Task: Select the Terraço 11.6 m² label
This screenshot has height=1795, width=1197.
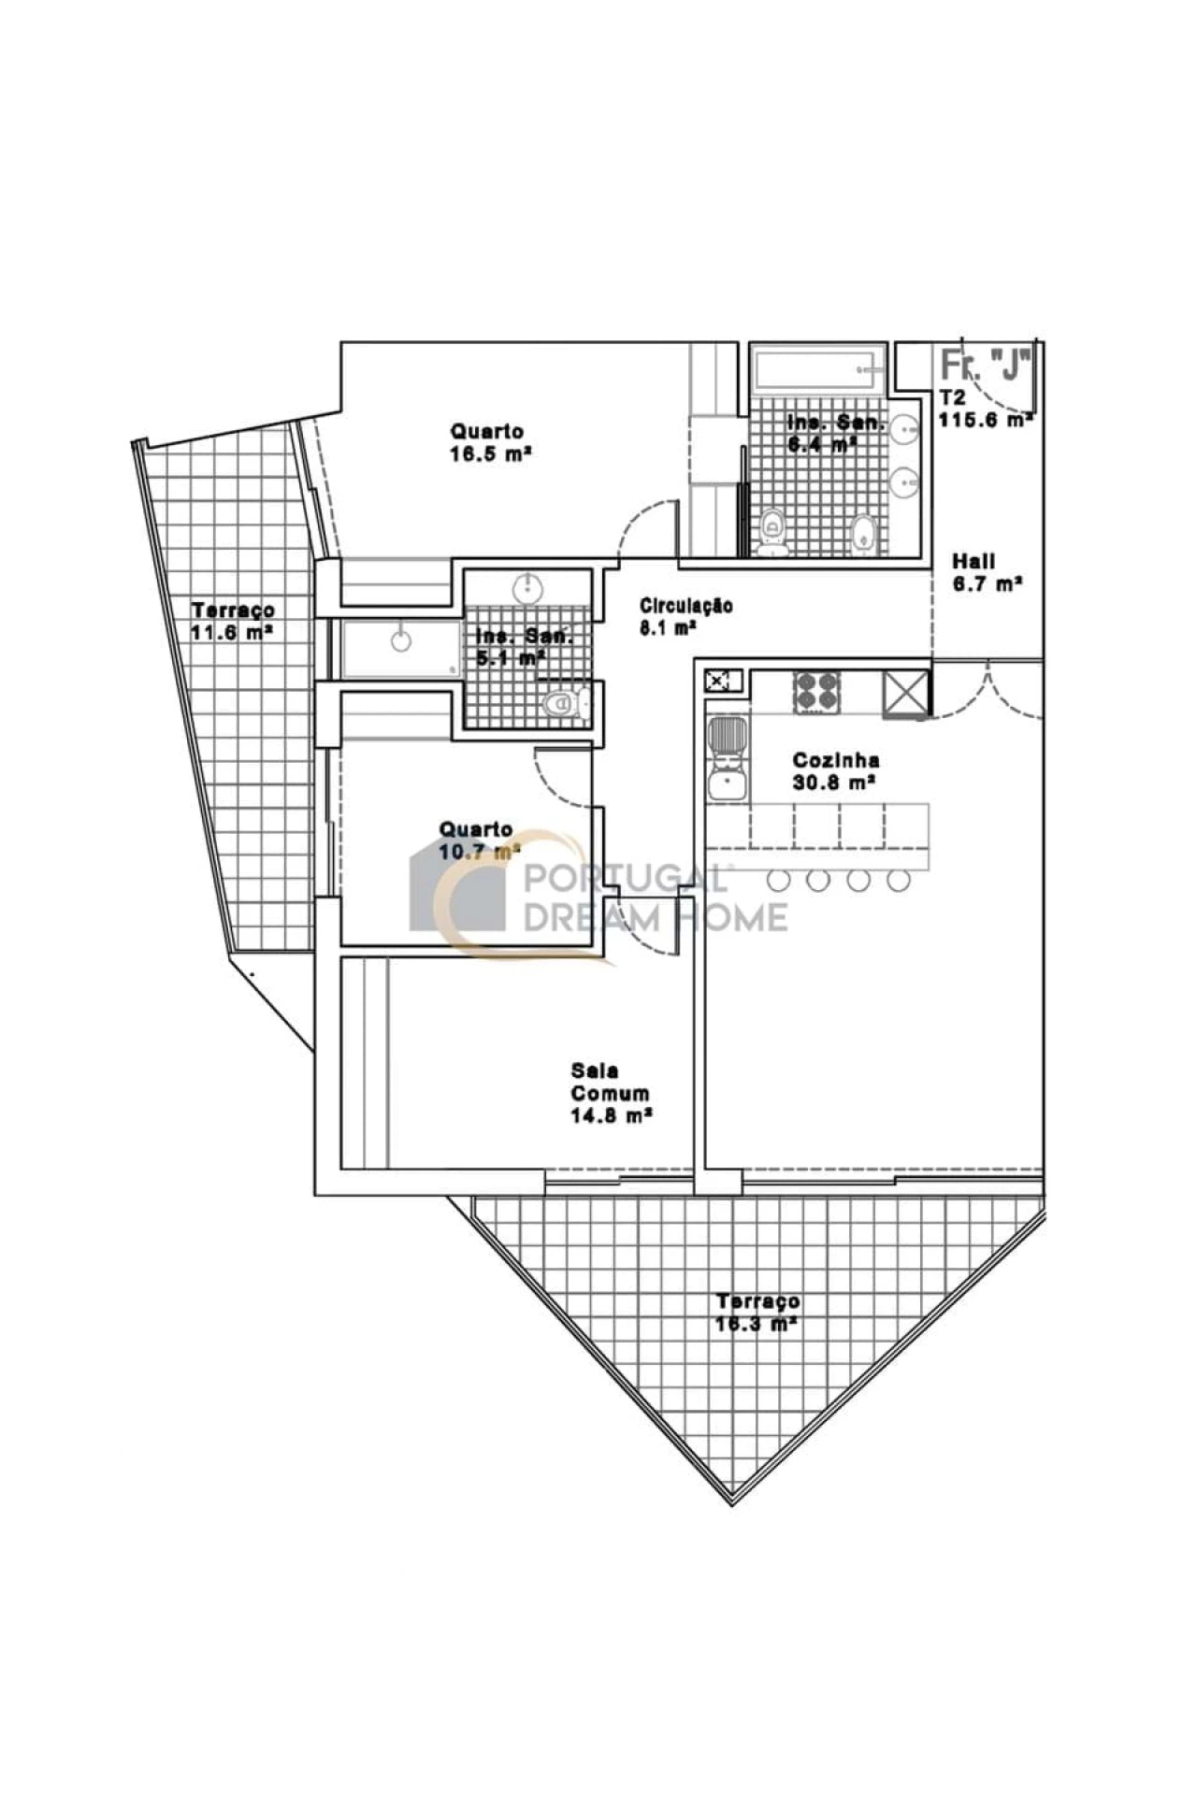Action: coord(233,621)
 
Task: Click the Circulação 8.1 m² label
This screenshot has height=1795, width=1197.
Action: coord(685,616)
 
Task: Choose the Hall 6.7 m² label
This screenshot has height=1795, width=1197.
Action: coord(986,573)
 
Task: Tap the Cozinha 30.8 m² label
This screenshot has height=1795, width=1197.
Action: coord(835,771)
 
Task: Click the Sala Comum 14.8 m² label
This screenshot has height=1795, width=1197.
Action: coord(611,1093)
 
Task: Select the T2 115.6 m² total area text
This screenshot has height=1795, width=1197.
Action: coord(985,409)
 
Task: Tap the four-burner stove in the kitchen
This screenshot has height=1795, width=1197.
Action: coord(816,692)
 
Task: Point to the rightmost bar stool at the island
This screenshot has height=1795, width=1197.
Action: coord(899,880)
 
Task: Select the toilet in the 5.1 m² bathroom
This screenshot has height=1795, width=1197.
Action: coord(564,703)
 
